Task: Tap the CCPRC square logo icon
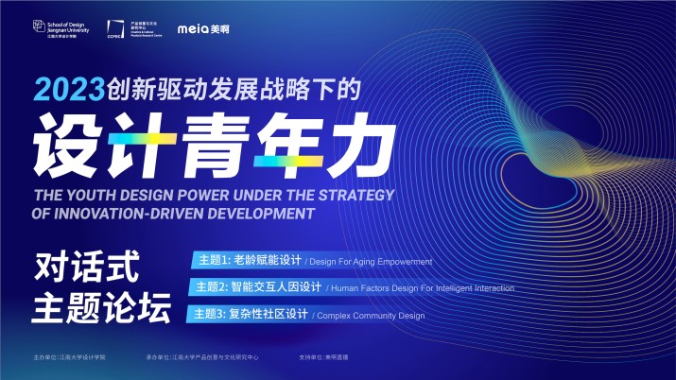pos(114,28)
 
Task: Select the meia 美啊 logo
pos(200,28)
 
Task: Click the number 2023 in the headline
pos(67,91)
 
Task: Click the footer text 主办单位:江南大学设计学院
pos(69,359)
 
